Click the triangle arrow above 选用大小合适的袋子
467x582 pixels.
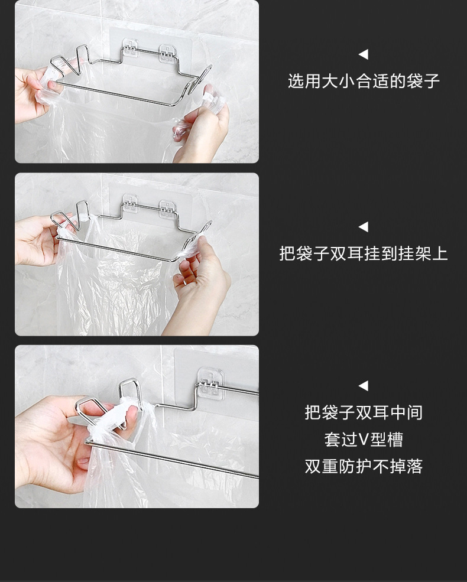pyautogui.click(x=363, y=55)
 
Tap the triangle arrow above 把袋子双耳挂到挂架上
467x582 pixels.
pyautogui.click(x=363, y=227)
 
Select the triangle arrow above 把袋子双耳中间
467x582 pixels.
pyautogui.click(x=363, y=386)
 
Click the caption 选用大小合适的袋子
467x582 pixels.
pyautogui.click(x=364, y=81)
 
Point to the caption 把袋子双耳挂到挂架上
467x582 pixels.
pyautogui.click(x=364, y=254)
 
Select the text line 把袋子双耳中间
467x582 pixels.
pyautogui.click(x=364, y=412)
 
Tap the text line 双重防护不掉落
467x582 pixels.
pyautogui.click(x=364, y=467)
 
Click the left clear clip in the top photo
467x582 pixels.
pyautogui.click(x=130, y=48)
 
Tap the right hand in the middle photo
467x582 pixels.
pyautogui.click(x=198, y=290)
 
